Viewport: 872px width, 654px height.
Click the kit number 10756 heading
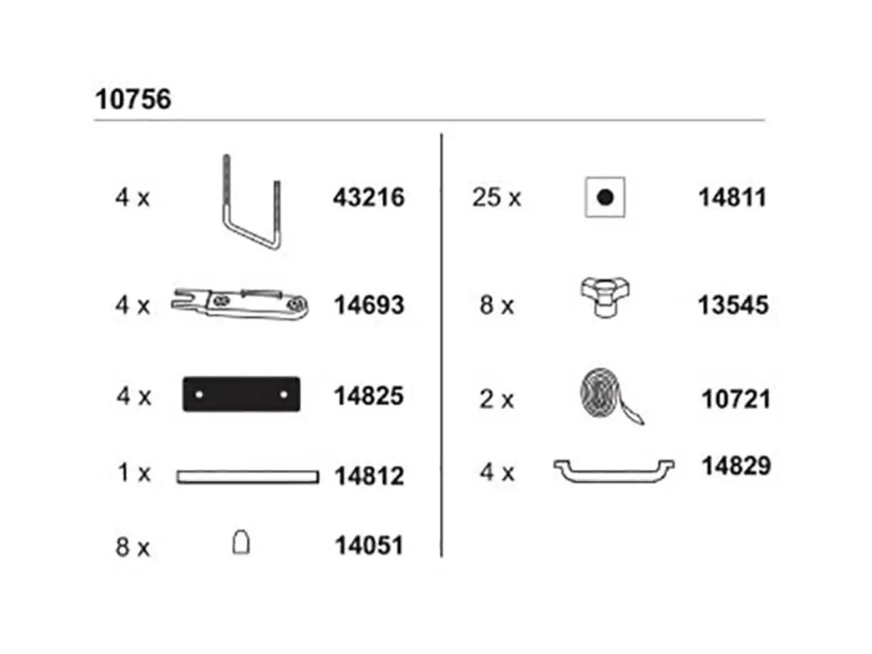[133, 99]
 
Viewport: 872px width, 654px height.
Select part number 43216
[369, 198]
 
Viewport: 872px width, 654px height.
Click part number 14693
[369, 305]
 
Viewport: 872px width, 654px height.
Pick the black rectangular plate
[241, 394]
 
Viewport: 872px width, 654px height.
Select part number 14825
[369, 396]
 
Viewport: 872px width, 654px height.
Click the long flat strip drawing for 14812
[247, 477]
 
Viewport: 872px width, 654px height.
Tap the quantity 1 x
[134, 473]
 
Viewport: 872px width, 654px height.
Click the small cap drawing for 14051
[240, 542]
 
